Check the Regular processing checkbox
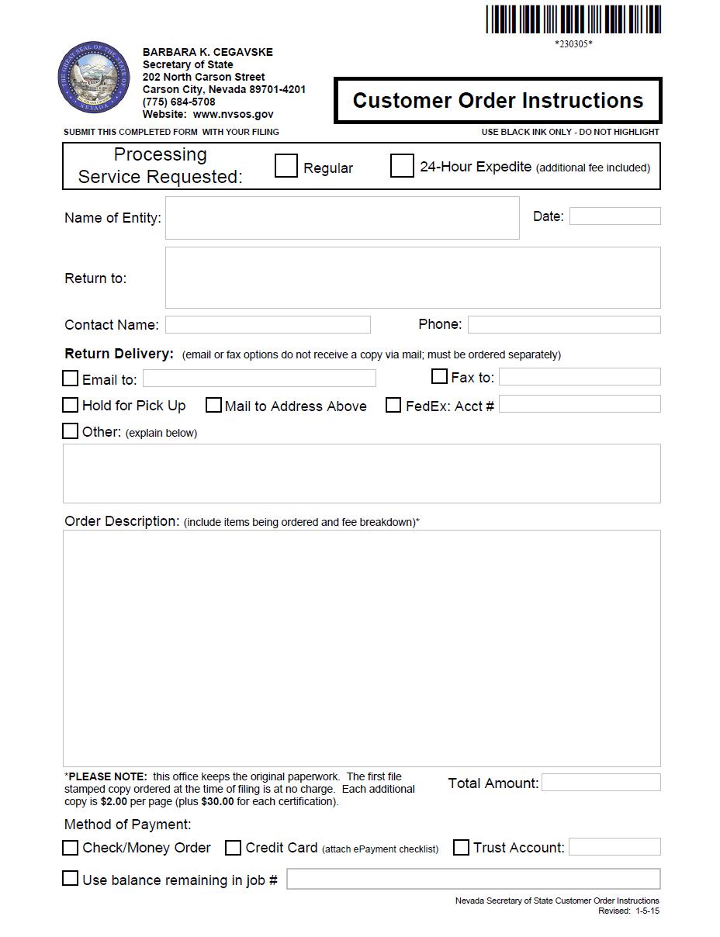(286, 165)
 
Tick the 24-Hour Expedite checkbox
(402, 165)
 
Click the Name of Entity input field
(342, 218)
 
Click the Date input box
(614, 216)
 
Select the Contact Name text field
(268, 324)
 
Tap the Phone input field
(564, 324)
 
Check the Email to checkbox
(71, 379)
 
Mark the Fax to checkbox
(439, 377)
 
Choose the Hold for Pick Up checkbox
(71, 405)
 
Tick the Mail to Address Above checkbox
(213, 405)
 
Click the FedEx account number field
(580, 404)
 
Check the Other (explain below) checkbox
(71, 431)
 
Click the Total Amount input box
(601, 783)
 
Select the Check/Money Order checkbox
(71, 848)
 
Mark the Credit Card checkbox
(233, 848)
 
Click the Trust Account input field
(614, 847)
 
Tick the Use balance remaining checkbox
(71, 879)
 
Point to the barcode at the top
(573, 19)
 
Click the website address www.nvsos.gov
(233, 114)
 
